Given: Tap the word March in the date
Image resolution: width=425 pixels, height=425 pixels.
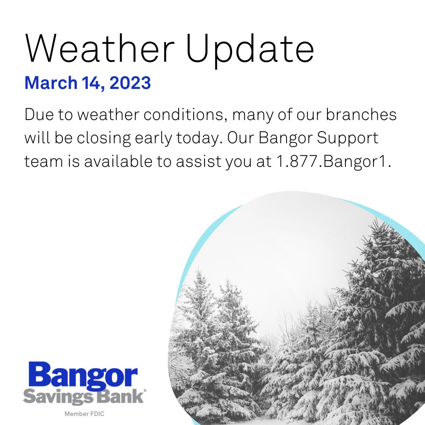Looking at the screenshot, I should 50,83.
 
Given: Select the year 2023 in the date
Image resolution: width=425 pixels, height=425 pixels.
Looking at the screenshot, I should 131,83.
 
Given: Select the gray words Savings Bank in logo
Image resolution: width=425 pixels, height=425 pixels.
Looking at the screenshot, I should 83,396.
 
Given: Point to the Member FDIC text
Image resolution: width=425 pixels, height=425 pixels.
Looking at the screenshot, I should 84,414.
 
